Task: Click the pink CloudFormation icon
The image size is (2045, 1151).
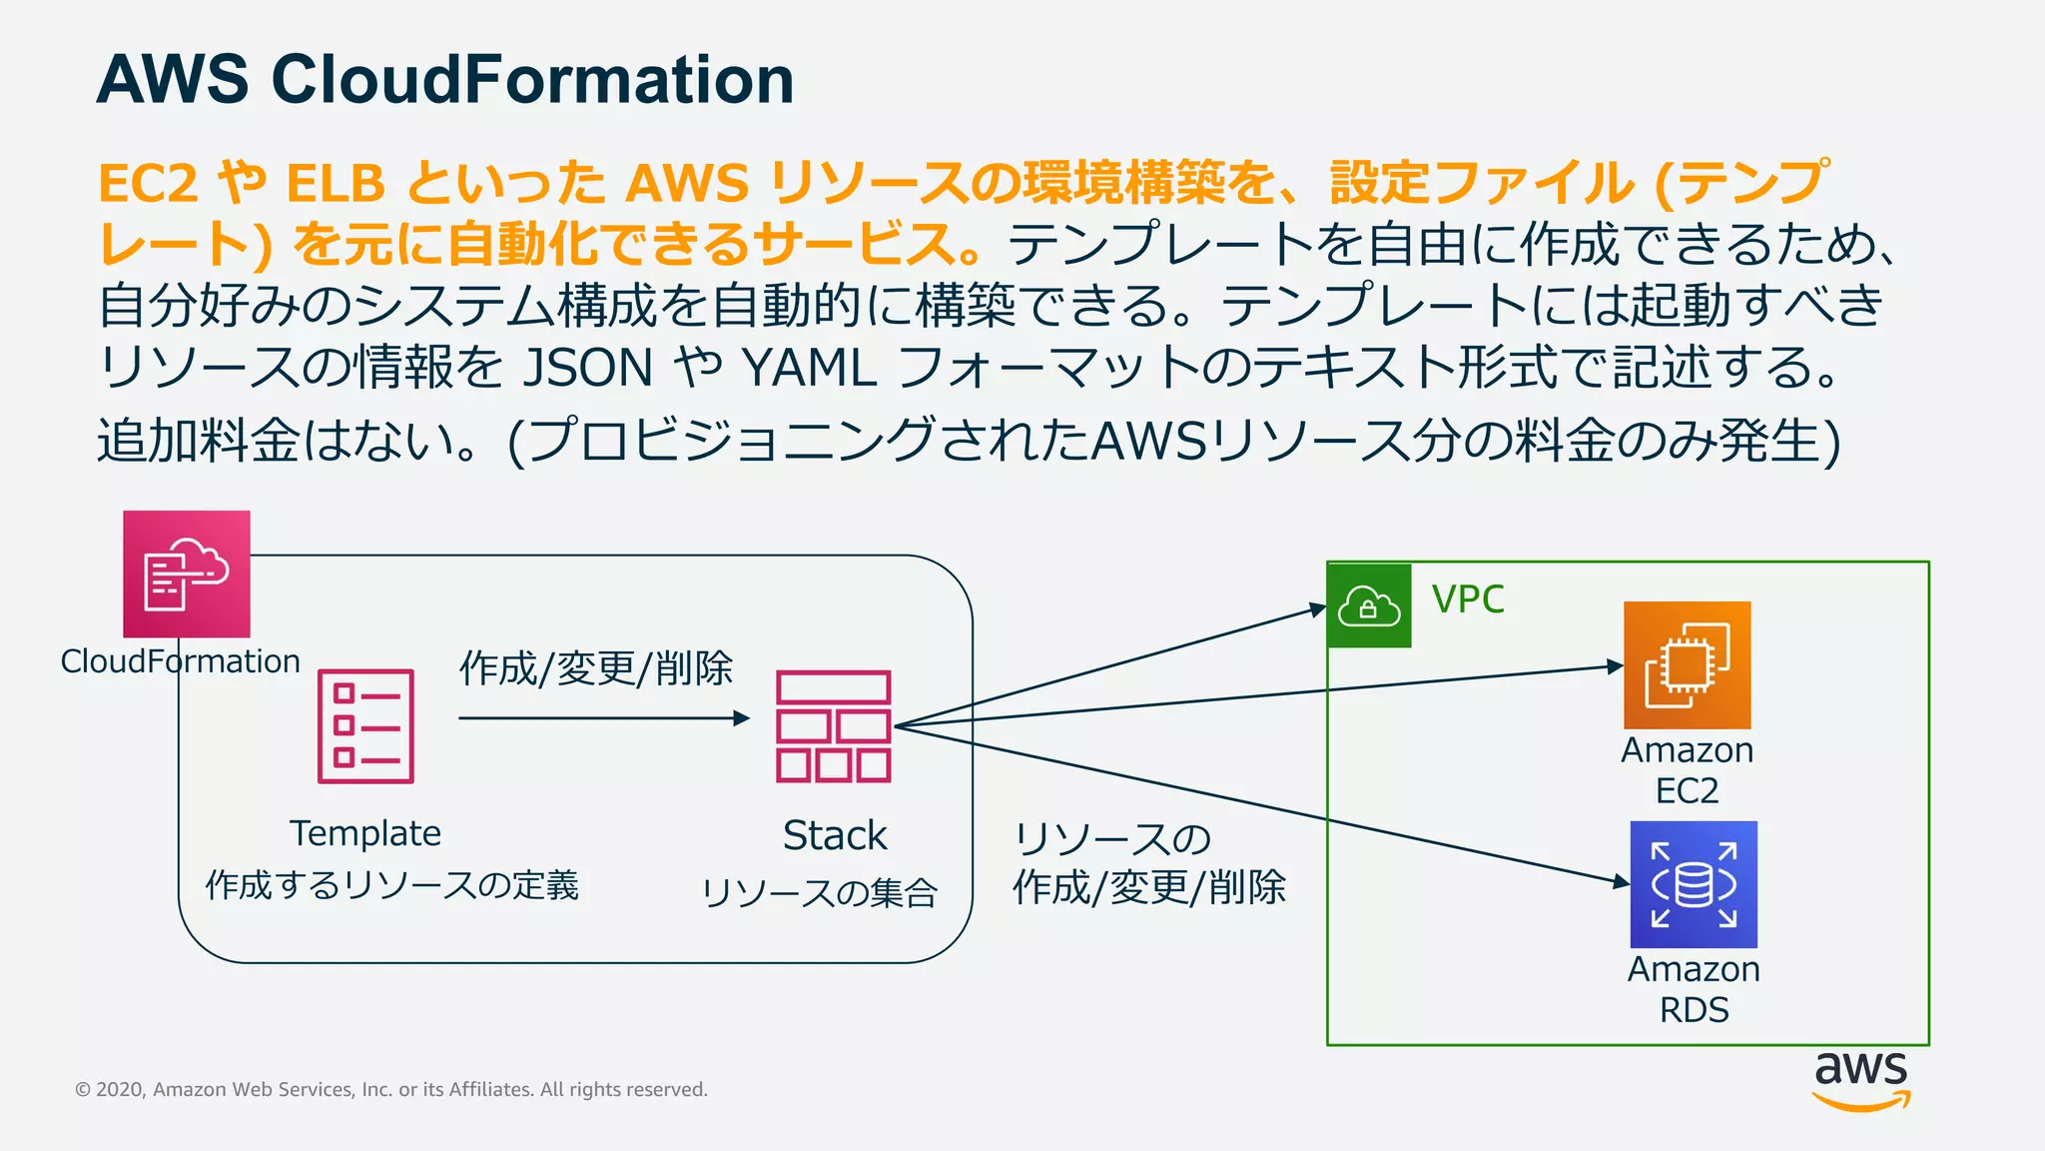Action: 186,575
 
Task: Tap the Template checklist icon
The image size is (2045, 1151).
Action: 365,726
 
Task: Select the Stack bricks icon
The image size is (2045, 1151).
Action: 833,726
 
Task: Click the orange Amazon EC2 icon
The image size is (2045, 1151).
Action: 1687,664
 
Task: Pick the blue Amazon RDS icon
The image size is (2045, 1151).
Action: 1694,884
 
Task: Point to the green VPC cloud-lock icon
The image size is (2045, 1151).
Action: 1369,605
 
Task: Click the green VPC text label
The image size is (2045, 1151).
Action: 1467,599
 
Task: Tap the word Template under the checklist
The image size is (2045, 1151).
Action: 365,833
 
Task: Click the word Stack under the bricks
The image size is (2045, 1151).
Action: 834,835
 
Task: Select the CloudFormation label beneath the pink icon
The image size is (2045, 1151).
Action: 180,661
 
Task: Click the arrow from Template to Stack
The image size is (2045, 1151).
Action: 599,717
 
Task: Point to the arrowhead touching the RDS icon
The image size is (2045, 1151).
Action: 1621,881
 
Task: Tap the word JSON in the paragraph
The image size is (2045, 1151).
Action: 588,368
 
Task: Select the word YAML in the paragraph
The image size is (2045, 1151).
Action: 809,368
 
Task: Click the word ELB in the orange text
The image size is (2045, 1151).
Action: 336,184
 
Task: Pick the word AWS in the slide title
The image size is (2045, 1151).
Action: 172,80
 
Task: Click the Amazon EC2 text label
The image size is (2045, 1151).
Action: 1687,769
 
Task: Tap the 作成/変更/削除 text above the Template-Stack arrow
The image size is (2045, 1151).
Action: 596,668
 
